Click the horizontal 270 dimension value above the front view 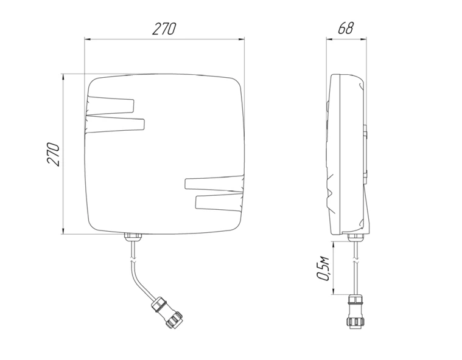(164, 29)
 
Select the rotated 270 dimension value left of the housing (53, 154)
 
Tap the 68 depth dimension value (346, 28)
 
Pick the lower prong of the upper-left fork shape (119, 125)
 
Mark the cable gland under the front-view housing (131, 237)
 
